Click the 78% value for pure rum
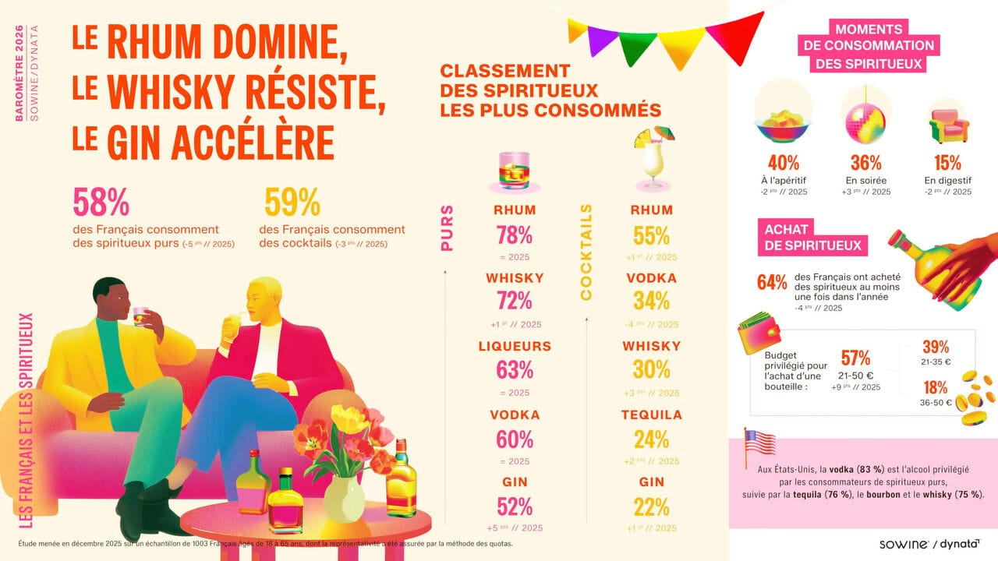(515, 235)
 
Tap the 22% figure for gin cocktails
(652, 506)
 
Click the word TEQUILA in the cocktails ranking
(652, 415)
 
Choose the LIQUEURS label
(515, 347)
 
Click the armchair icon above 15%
(948, 125)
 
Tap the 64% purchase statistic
(772, 282)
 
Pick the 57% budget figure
(855, 358)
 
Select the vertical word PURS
(447, 228)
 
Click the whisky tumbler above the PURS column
(515, 169)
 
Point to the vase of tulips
(345, 467)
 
